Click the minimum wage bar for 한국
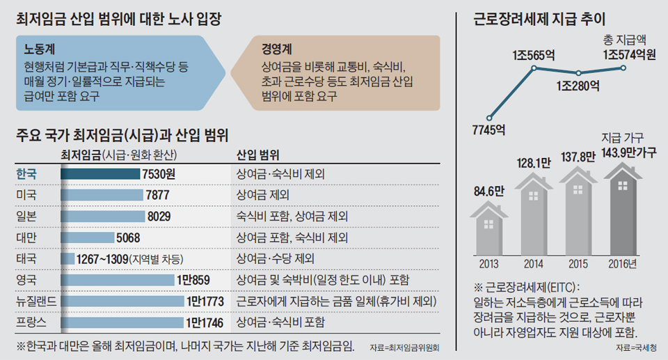pyautogui.click(x=100, y=173)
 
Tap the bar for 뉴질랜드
pyautogui.click(x=122, y=302)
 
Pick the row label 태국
pyautogui.click(x=29, y=259)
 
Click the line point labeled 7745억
pyautogui.click(x=490, y=118)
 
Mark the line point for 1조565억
pyautogui.click(x=534, y=68)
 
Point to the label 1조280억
pyautogui.click(x=578, y=88)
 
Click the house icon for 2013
pyautogui.click(x=490, y=226)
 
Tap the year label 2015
pyautogui.click(x=578, y=264)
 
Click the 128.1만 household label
pyautogui.click(x=534, y=163)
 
